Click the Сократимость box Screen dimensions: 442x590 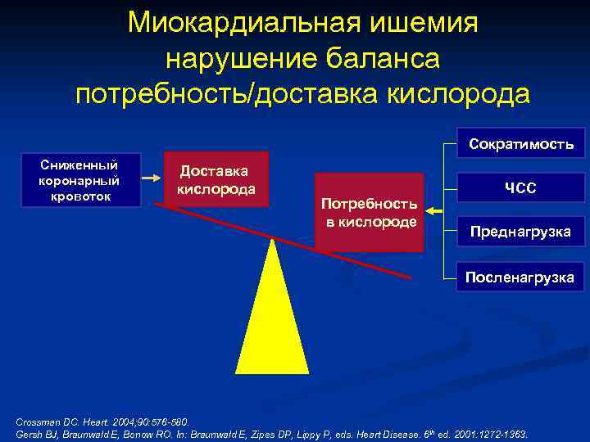click(520, 143)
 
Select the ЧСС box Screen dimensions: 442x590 click(520, 187)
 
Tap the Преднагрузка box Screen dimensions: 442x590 click(520, 232)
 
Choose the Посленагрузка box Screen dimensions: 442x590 click(520, 277)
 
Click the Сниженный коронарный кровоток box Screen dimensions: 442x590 click(79, 179)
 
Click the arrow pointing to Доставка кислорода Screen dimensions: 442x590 click(152, 175)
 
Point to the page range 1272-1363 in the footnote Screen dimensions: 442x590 click(501, 433)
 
